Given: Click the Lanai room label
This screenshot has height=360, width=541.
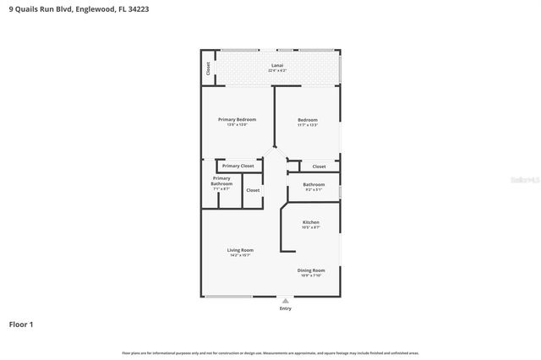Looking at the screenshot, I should (x=276, y=65).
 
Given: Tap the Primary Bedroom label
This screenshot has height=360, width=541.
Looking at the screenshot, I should (x=237, y=119).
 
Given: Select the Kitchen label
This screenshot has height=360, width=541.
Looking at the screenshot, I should (x=311, y=222).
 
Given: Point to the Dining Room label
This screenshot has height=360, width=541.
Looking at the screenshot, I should (x=311, y=270).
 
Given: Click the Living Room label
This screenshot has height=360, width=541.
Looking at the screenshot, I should (x=240, y=250).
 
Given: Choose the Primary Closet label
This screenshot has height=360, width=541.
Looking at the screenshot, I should (x=238, y=166).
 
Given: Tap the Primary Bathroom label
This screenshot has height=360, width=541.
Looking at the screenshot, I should (x=221, y=181).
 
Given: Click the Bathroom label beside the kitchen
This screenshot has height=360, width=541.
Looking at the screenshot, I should (x=314, y=184).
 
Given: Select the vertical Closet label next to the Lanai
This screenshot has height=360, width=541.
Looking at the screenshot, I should (x=207, y=68).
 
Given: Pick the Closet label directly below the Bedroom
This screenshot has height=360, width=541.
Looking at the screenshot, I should (x=319, y=166).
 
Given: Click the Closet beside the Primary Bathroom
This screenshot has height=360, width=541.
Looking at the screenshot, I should (x=253, y=190).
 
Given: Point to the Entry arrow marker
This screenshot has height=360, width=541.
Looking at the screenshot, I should (x=286, y=300).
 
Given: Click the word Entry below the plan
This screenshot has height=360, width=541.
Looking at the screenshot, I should (x=286, y=308).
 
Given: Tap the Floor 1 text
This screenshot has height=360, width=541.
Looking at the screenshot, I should (x=21, y=325).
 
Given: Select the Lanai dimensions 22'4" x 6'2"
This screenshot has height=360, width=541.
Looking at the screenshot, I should (x=276, y=70).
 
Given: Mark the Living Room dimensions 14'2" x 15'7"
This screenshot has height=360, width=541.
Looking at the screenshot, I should (x=240, y=255).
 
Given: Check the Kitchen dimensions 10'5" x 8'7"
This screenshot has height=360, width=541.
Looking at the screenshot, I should (x=311, y=227).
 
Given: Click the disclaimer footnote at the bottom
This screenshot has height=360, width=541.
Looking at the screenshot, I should (x=270, y=352).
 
